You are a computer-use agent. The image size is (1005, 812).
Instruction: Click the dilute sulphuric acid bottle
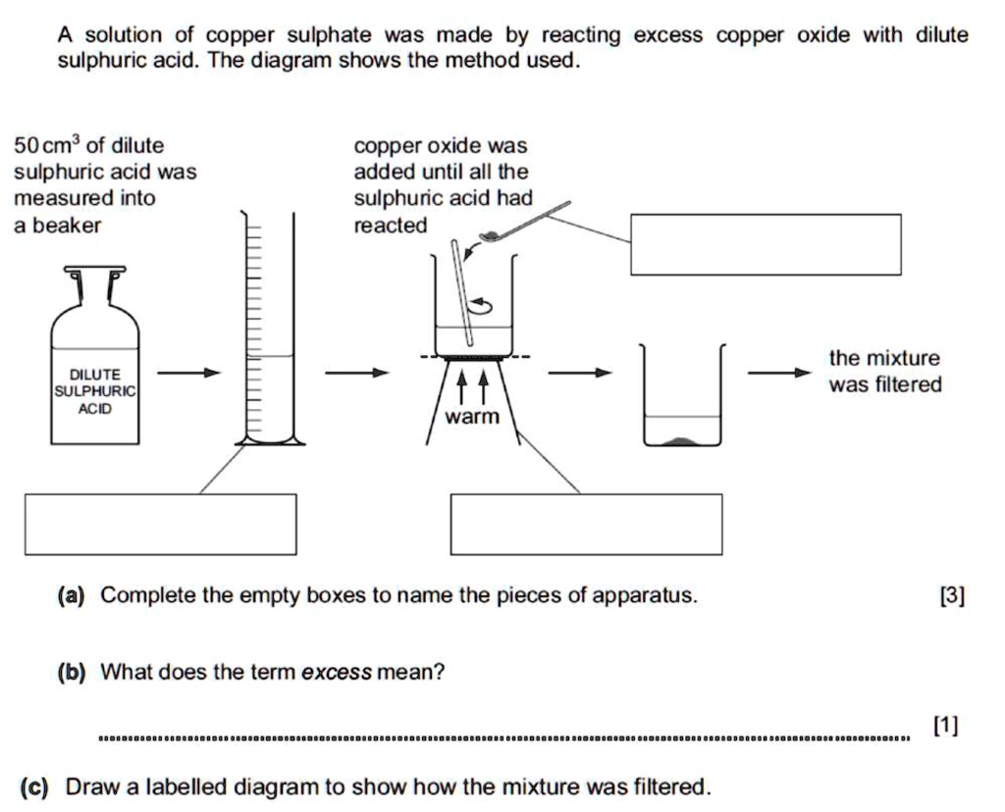click(x=94, y=378)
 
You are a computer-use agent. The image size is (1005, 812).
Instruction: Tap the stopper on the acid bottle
click(x=94, y=271)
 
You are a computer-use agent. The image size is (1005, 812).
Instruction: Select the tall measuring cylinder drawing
click(x=268, y=333)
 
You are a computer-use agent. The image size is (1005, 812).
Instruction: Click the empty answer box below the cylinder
click(x=161, y=525)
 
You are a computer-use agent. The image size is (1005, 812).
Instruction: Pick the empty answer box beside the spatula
click(x=766, y=244)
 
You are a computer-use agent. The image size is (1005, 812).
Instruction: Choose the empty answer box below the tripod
click(x=586, y=525)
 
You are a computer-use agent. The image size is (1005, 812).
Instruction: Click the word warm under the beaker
click(x=472, y=417)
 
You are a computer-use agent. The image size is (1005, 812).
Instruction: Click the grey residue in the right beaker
click(x=682, y=440)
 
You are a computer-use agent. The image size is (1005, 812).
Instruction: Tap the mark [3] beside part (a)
click(x=951, y=595)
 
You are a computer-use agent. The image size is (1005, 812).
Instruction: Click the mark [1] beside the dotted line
click(x=944, y=726)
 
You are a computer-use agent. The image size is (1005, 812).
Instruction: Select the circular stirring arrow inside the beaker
click(x=482, y=306)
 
